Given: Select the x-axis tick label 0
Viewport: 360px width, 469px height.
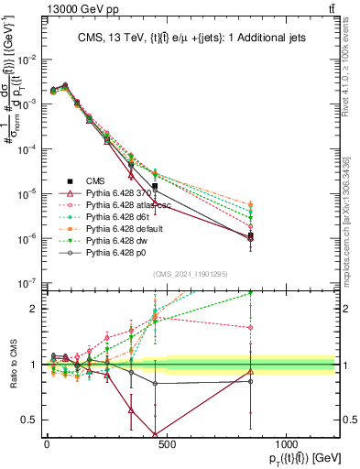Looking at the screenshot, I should (47, 445).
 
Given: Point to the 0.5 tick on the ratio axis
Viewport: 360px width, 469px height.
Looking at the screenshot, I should (30, 420).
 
